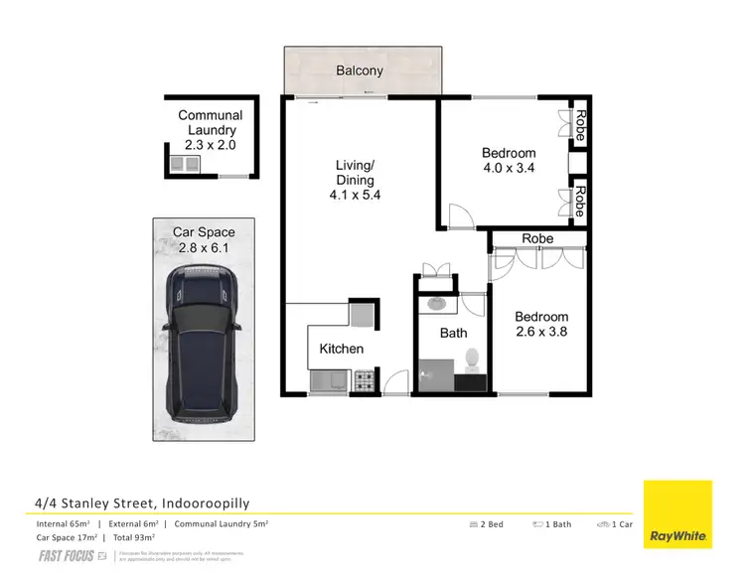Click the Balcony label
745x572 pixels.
[x=361, y=71]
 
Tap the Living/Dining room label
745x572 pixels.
[x=355, y=173]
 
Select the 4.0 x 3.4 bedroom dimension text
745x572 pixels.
[x=509, y=168]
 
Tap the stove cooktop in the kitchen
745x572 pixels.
[x=364, y=378]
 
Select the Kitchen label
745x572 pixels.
[x=341, y=349]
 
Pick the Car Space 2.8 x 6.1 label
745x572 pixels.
[x=204, y=239]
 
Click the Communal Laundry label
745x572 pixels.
[x=210, y=123]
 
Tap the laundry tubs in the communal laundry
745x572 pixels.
[x=186, y=163]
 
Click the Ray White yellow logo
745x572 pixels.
[x=677, y=513]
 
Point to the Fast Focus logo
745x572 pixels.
[x=68, y=555]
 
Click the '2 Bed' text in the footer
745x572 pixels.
[x=491, y=523]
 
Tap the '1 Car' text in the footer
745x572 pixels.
[x=621, y=523]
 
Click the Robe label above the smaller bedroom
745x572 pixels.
[x=537, y=238]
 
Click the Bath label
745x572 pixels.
[x=453, y=333]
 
